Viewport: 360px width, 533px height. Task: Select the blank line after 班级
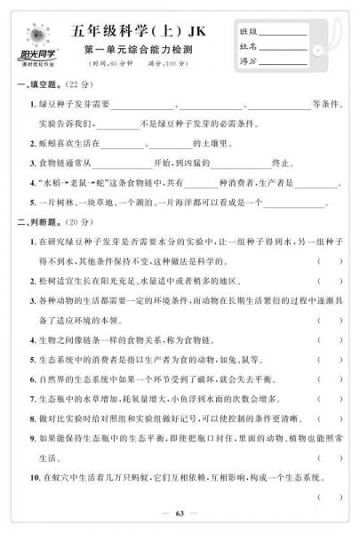click(x=283, y=35)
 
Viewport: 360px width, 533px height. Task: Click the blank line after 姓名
click(x=283, y=48)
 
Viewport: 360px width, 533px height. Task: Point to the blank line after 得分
click(x=283, y=61)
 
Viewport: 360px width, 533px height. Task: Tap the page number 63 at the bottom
click(x=180, y=513)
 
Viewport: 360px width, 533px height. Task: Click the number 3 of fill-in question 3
click(x=32, y=163)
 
